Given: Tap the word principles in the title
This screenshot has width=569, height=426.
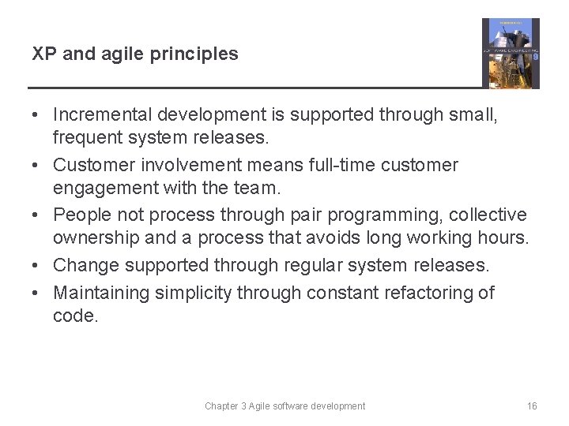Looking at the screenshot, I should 201,54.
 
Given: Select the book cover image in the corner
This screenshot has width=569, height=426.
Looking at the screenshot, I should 511,53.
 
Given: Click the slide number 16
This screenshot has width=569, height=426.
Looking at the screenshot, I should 532,406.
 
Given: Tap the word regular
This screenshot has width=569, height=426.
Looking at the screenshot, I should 330,266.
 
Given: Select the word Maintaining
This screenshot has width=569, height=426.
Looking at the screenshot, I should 101,293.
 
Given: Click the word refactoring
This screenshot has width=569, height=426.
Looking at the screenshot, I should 428,293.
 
